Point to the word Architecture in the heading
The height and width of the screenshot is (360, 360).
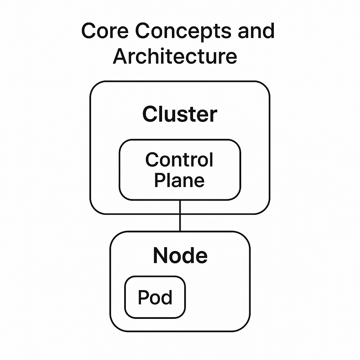click(x=175, y=56)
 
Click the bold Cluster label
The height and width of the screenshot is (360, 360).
click(x=180, y=114)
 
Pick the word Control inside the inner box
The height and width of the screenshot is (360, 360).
click(x=179, y=160)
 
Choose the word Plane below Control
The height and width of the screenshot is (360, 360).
click(x=179, y=180)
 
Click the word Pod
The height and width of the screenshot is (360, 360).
click(x=155, y=297)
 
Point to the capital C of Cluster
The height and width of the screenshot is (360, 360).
click(x=150, y=114)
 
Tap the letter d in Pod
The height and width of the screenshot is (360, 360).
click(x=166, y=297)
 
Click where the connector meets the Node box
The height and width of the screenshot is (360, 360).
click(x=180, y=231)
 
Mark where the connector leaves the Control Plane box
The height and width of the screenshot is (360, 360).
click(x=180, y=200)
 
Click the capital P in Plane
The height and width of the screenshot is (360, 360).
click(x=160, y=180)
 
